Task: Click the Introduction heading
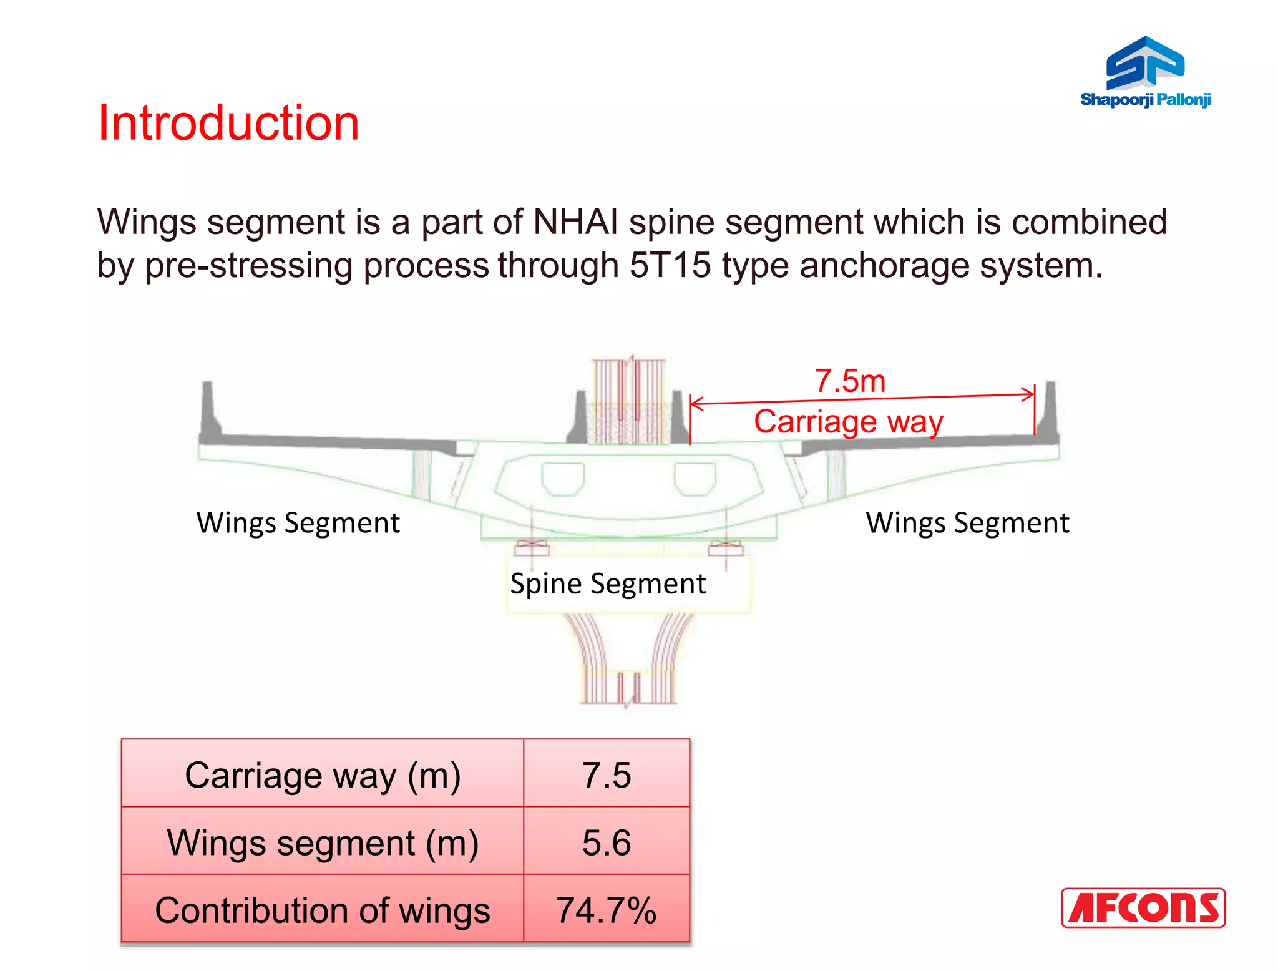(228, 123)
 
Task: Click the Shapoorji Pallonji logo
(1145, 72)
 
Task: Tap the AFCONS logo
(1143, 907)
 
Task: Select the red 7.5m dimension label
(850, 381)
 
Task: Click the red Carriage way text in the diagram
(848, 421)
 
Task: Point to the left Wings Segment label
(298, 522)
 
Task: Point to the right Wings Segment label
(967, 522)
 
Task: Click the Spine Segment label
(608, 583)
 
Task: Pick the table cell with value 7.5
(607, 774)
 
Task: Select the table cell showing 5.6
(607, 842)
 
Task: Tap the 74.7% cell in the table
(607, 910)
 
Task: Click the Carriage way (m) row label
(323, 774)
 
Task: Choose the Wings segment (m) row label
(323, 842)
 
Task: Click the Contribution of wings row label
(323, 910)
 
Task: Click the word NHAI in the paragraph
(575, 222)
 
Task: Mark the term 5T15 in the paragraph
(670, 265)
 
